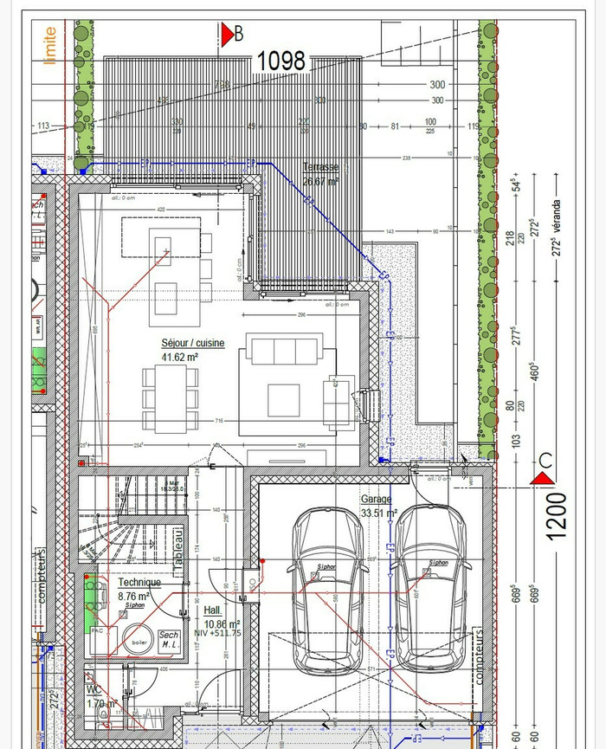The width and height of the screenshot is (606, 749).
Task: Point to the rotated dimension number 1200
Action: pos(557,516)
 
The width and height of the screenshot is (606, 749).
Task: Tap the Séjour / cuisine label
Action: pos(192,344)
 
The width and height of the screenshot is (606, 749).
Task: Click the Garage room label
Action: pos(377,500)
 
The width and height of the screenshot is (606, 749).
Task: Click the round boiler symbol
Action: pos(138,642)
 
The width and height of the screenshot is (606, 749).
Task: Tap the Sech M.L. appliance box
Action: pos(169,642)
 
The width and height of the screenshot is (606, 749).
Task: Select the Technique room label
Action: pos(139,584)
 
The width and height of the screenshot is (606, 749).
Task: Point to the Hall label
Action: pos(212,610)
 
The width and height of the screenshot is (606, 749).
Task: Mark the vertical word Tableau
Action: pos(177,548)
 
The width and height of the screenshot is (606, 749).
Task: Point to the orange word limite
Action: pos(49,43)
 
